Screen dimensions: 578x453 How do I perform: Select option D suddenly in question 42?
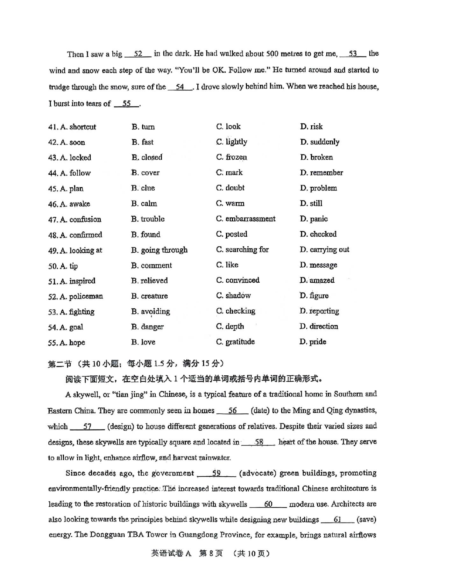click(320, 142)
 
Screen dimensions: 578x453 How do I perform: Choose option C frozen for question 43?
click(231, 157)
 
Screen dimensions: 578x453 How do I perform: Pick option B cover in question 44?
click(145, 173)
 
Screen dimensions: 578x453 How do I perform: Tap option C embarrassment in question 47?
click(246, 219)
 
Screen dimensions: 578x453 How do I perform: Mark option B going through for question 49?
click(159, 250)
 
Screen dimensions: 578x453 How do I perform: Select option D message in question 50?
click(318, 265)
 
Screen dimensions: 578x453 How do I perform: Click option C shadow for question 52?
click(233, 296)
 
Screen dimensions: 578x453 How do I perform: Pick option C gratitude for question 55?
click(236, 342)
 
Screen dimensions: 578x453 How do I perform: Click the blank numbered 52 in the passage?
click(138, 54)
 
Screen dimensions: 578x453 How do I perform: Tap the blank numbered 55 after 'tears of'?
click(126, 104)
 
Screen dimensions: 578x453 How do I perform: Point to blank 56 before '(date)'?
click(232, 411)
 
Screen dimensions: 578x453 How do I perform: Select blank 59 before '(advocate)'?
click(216, 473)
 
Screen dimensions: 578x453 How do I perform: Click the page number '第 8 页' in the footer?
click(211, 553)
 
